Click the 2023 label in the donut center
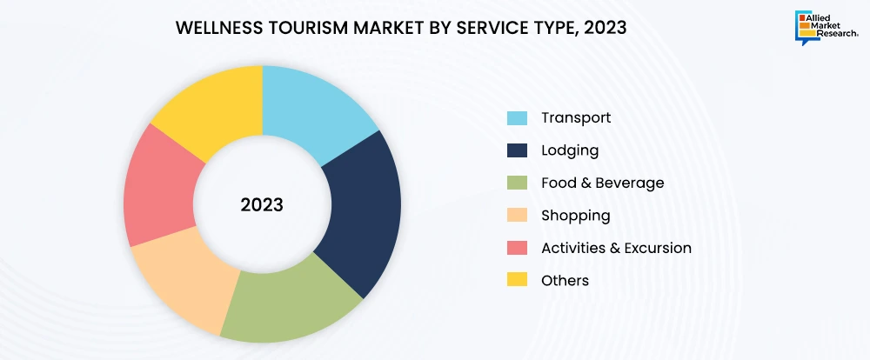pyautogui.click(x=262, y=206)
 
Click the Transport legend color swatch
pyautogui.click(x=517, y=117)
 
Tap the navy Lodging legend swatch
pyautogui.click(x=517, y=150)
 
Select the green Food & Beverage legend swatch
pyautogui.click(x=517, y=183)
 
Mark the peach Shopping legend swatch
pyautogui.click(x=517, y=216)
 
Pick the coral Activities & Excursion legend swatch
pyautogui.click(x=517, y=248)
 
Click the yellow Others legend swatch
pyautogui.click(x=517, y=280)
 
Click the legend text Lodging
pyautogui.click(x=569, y=150)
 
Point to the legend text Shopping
pyautogui.click(x=575, y=216)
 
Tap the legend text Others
pyautogui.click(x=565, y=280)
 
